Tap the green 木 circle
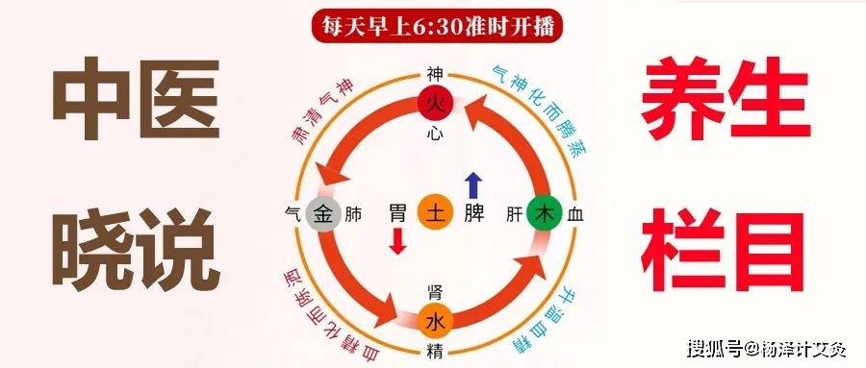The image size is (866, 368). (x=548, y=213)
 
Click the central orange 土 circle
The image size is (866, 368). (x=435, y=213)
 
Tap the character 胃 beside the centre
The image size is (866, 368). (x=398, y=213)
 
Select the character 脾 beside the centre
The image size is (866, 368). (x=473, y=213)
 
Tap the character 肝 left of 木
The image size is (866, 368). (x=514, y=214)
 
